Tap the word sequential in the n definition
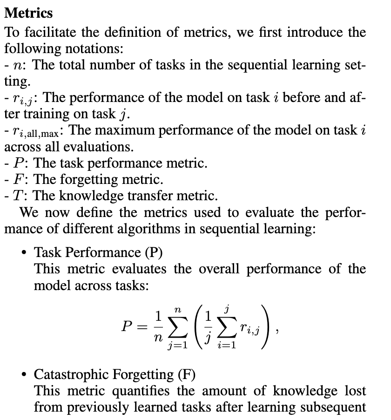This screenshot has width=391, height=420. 243,65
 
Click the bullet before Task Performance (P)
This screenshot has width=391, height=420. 24,253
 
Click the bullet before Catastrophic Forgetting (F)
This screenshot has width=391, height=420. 24,375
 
